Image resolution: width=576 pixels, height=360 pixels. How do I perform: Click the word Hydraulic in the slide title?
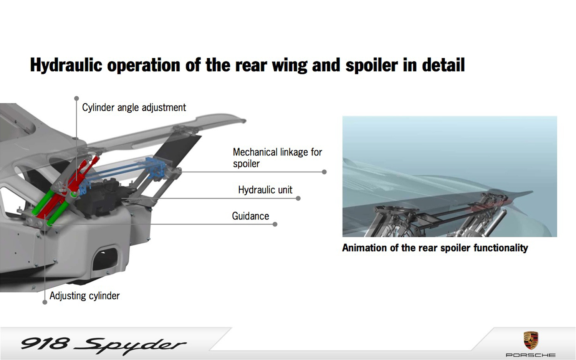(66, 65)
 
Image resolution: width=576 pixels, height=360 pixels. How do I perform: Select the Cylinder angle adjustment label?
(134, 107)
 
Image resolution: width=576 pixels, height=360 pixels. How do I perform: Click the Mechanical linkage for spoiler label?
(277, 158)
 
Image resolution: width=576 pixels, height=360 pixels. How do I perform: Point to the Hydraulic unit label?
(265, 190)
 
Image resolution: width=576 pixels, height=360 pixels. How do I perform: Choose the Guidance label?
(250, 216)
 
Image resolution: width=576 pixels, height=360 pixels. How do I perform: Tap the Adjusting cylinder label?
(84, 296)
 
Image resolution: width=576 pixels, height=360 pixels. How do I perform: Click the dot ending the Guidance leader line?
(275, 224)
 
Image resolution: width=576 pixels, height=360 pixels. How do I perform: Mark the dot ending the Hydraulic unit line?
(298, 198)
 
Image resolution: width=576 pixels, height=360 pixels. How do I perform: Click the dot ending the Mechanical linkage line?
(324, 172)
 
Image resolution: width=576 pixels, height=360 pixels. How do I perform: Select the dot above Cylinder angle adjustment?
(76, 98)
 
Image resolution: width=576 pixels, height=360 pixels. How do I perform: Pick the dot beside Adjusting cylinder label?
(45, 302)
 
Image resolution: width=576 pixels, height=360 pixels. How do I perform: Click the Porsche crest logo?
(531, 340)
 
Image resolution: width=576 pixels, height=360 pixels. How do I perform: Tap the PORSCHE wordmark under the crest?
(531, 355)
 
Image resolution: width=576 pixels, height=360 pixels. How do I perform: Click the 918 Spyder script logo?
(103, 345)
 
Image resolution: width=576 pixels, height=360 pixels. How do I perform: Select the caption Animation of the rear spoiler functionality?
(435, 248)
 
